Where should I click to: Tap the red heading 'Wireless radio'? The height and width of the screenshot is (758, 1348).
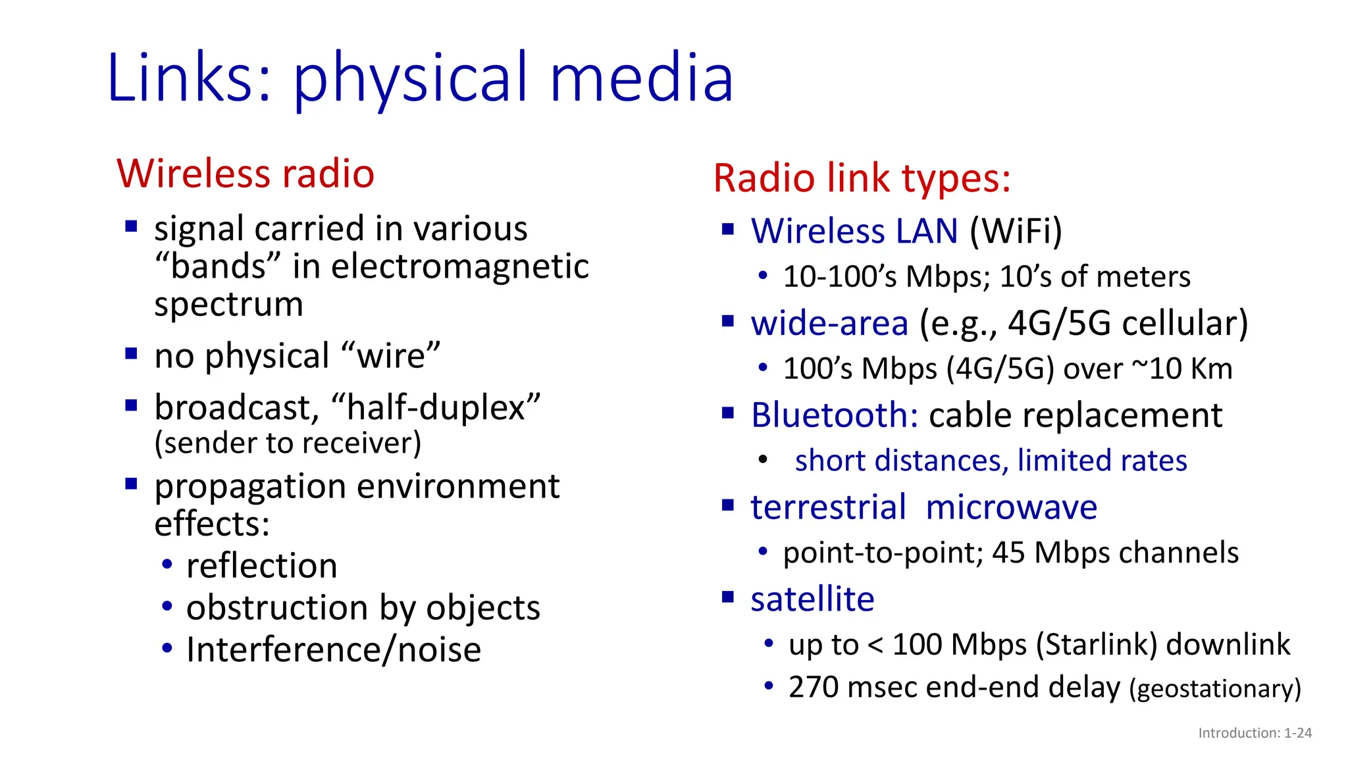pyautogui.click(x=246, y=174)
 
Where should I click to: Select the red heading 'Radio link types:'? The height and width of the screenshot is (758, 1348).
pyautogui.click(x=862, y=178)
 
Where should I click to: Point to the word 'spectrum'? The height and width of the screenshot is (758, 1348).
pyautogui.click(x=228, y=305)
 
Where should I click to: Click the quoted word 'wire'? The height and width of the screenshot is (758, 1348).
pyautogui.click(x=391, y=356)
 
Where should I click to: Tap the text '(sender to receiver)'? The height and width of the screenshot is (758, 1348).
pyautogui.click(x=288, y=443)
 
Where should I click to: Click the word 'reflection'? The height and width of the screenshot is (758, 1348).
pyautogui.click(x=261, y=567)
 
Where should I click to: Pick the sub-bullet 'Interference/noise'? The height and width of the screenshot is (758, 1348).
pyautogui.click(x=334, y=650)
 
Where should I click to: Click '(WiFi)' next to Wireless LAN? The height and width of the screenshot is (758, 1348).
pyautogui.click(x=1016, y=232)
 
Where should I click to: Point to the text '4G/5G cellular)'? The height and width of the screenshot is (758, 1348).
pyautogui.click(x=1128, y=324)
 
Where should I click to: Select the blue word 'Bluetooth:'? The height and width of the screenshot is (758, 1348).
pyautogui.click(x=835, y=416)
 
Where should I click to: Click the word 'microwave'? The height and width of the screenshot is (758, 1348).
pyautogui.click(x=1011, y=508)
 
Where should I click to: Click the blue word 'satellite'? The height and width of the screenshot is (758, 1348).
pyautogui.click(x=812, y=599)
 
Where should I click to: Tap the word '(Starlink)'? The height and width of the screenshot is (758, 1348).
pyautogui.click(x=1096, y=645)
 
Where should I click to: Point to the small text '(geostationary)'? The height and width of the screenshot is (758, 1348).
pyautogui.click(x=1215, y=689)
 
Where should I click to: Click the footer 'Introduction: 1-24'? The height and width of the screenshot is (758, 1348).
pyautogui.click(x=1255, y=733)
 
